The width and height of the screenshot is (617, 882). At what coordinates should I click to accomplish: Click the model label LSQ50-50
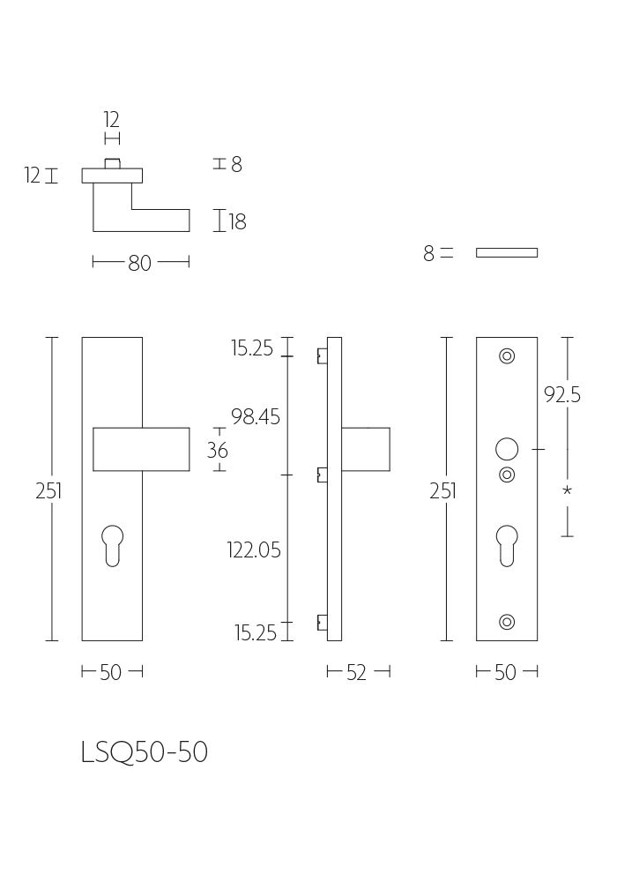coord(145,752)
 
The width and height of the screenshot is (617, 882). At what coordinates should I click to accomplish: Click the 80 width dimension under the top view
coord(140,263)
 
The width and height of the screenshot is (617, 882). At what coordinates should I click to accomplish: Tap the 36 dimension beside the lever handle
coord(218,450)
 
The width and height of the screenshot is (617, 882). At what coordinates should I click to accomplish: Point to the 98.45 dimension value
coord(256,417)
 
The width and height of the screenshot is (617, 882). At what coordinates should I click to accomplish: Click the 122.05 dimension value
coord(254,549)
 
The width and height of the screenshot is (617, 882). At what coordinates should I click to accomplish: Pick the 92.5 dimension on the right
coord(562,395)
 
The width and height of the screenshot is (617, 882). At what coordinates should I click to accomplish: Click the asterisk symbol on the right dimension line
coord(567,490)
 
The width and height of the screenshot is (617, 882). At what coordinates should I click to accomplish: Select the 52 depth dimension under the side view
coord(356,672)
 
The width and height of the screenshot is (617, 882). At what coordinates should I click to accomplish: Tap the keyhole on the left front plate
coord(113,545)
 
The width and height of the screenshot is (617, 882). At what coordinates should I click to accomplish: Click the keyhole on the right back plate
coord(507,545)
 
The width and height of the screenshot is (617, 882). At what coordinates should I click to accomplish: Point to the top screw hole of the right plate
coord(507,356)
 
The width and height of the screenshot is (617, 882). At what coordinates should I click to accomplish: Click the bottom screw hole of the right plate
coord(507,622)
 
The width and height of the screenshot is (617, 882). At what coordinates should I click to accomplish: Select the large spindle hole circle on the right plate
coord(507,450)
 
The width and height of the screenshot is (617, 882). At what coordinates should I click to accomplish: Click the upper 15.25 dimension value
coord(252,348)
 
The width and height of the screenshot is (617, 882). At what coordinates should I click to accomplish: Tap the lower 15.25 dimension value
coord(256,633)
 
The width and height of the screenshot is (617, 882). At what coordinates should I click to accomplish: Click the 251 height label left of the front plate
coord(48,491)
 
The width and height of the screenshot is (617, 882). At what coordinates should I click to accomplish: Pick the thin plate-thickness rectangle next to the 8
coord(507,252)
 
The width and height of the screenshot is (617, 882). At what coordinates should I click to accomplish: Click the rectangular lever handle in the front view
coord(141,449)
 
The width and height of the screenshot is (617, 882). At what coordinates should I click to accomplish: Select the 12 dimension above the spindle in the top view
coord(111,120)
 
